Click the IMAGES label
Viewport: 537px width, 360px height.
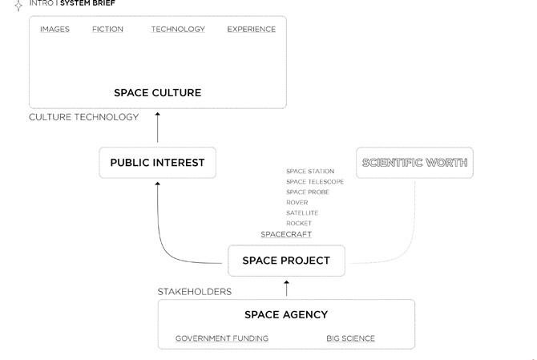coord(55,30)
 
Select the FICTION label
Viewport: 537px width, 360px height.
coord(107,30)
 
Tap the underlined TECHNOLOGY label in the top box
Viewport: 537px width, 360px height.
coord(178,30)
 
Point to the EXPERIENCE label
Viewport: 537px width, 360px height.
coord(251,30)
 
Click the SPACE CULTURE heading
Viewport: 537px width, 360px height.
coord(157,93)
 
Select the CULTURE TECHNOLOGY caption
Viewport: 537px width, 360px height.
coord(83,117)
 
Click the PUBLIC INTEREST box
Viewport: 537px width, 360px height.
coord(157,163)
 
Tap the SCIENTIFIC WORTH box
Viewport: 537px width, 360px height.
coord(414,163)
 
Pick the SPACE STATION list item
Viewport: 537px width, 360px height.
coord(310,172)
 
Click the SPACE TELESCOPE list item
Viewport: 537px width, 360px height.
coord(315,182)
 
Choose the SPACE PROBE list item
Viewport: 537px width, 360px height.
coord(307,192)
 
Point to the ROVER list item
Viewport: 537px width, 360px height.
coord(297,203)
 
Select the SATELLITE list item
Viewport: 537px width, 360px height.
coord(302,213)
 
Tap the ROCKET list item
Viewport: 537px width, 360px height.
coord(299,224)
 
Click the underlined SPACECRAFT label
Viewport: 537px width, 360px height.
coord(286,234)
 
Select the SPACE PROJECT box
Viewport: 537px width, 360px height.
coord(286,261)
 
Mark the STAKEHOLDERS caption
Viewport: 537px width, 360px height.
coord(194,292)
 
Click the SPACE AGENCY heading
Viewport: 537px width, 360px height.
coord(286,314)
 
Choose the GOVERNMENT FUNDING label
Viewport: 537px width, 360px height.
coord(222,338)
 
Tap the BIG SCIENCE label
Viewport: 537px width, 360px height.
coord(350,338)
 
